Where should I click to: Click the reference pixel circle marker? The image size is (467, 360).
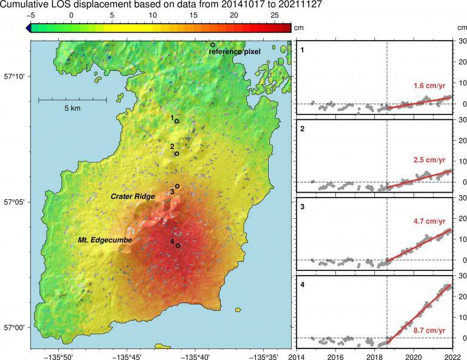coord(213,45)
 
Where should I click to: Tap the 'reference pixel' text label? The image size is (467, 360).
coord(235,52)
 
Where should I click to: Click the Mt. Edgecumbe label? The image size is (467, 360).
coord(105,241)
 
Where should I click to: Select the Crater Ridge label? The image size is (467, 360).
coord(132,196)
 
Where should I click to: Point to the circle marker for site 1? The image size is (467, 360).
coord(176,121)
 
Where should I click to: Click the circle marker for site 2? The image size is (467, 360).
coord(176,153)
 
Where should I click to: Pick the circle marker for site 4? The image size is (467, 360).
coord(178,245)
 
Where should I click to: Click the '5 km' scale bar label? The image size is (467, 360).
coord(72,108)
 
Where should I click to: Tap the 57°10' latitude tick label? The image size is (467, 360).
coord(14,76)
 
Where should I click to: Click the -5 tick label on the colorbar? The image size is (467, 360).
coord(35,14)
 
